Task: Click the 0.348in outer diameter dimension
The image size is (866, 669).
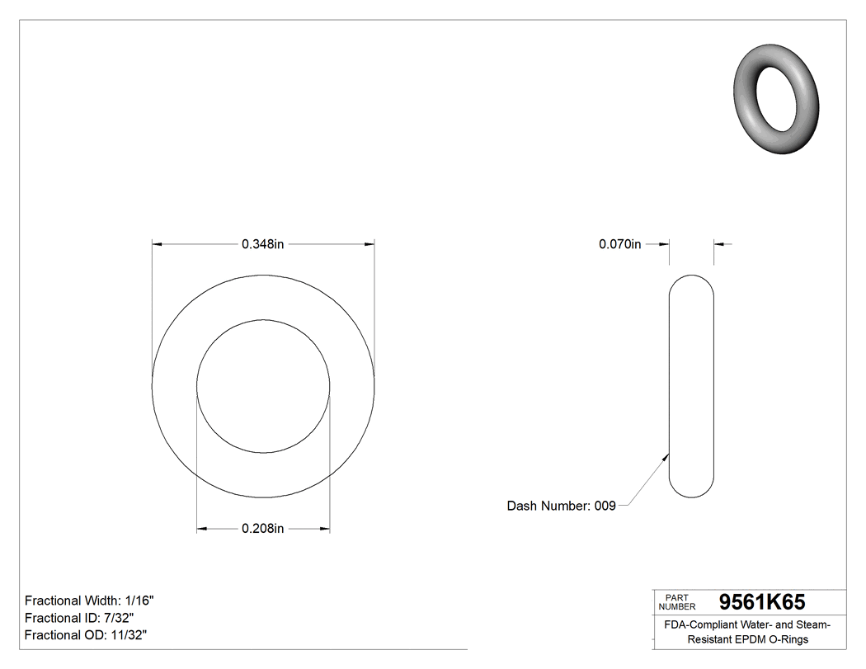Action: (x=262, y=244)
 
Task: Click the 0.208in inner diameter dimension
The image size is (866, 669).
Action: (x=262, y=529)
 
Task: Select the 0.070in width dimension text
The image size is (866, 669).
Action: (x=619, y=244)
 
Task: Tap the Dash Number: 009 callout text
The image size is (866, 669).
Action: (x=561, y=506)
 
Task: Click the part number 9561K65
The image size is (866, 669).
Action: (x=762, y=602)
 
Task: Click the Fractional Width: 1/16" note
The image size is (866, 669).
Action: (x=89, y=601)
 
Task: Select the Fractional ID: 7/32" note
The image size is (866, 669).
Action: (x=79, y=618)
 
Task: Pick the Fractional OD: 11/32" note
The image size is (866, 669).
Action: (x=86, y=635)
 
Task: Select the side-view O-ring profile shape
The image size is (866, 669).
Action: (x=691, y=385)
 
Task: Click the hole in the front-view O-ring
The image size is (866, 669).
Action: (x=263, y=386)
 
